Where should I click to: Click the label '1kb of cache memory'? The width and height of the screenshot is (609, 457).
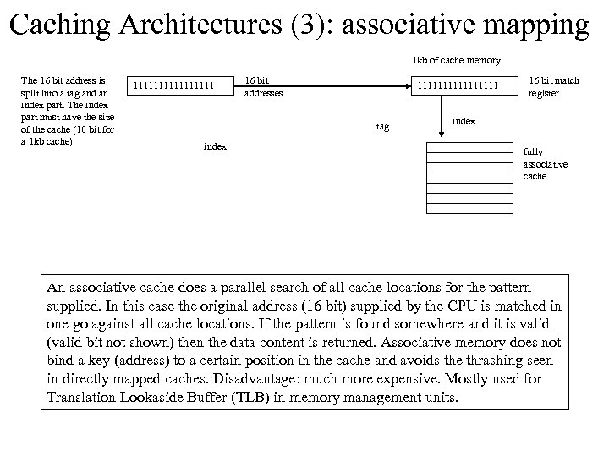tap(456, 60)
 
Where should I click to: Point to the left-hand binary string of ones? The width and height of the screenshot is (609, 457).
tap(179, 85)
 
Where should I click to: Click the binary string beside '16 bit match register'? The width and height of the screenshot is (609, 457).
tap(463, 85)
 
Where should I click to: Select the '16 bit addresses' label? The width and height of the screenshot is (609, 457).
tap(263, 86)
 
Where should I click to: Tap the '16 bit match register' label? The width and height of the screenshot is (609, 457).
tap(554, 86)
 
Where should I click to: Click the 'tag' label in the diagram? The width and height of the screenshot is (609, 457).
tap(382, 126)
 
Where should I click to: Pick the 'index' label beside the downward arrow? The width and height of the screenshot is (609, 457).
tap(464, 121)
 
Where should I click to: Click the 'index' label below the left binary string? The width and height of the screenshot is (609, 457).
tap(215, 146)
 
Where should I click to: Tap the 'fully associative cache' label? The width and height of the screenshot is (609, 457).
tap(546, 164)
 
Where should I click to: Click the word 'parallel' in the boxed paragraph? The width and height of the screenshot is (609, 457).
tap(252, 289)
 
